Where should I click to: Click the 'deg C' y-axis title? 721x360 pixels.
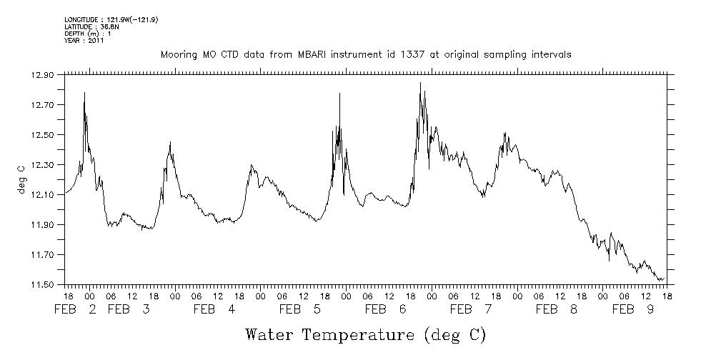point(21,179)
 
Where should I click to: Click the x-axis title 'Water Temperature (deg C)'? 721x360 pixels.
point(366,334)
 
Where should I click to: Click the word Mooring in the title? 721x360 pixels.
point(176,54)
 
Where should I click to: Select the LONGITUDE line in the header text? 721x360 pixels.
point(111,20)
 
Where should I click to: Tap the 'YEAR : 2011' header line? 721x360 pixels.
point(84,41)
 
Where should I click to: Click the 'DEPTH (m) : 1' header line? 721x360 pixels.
point(87,34)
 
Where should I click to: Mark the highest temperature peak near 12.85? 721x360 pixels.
point(420,83)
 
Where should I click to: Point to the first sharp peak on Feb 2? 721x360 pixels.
point(84,93)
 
